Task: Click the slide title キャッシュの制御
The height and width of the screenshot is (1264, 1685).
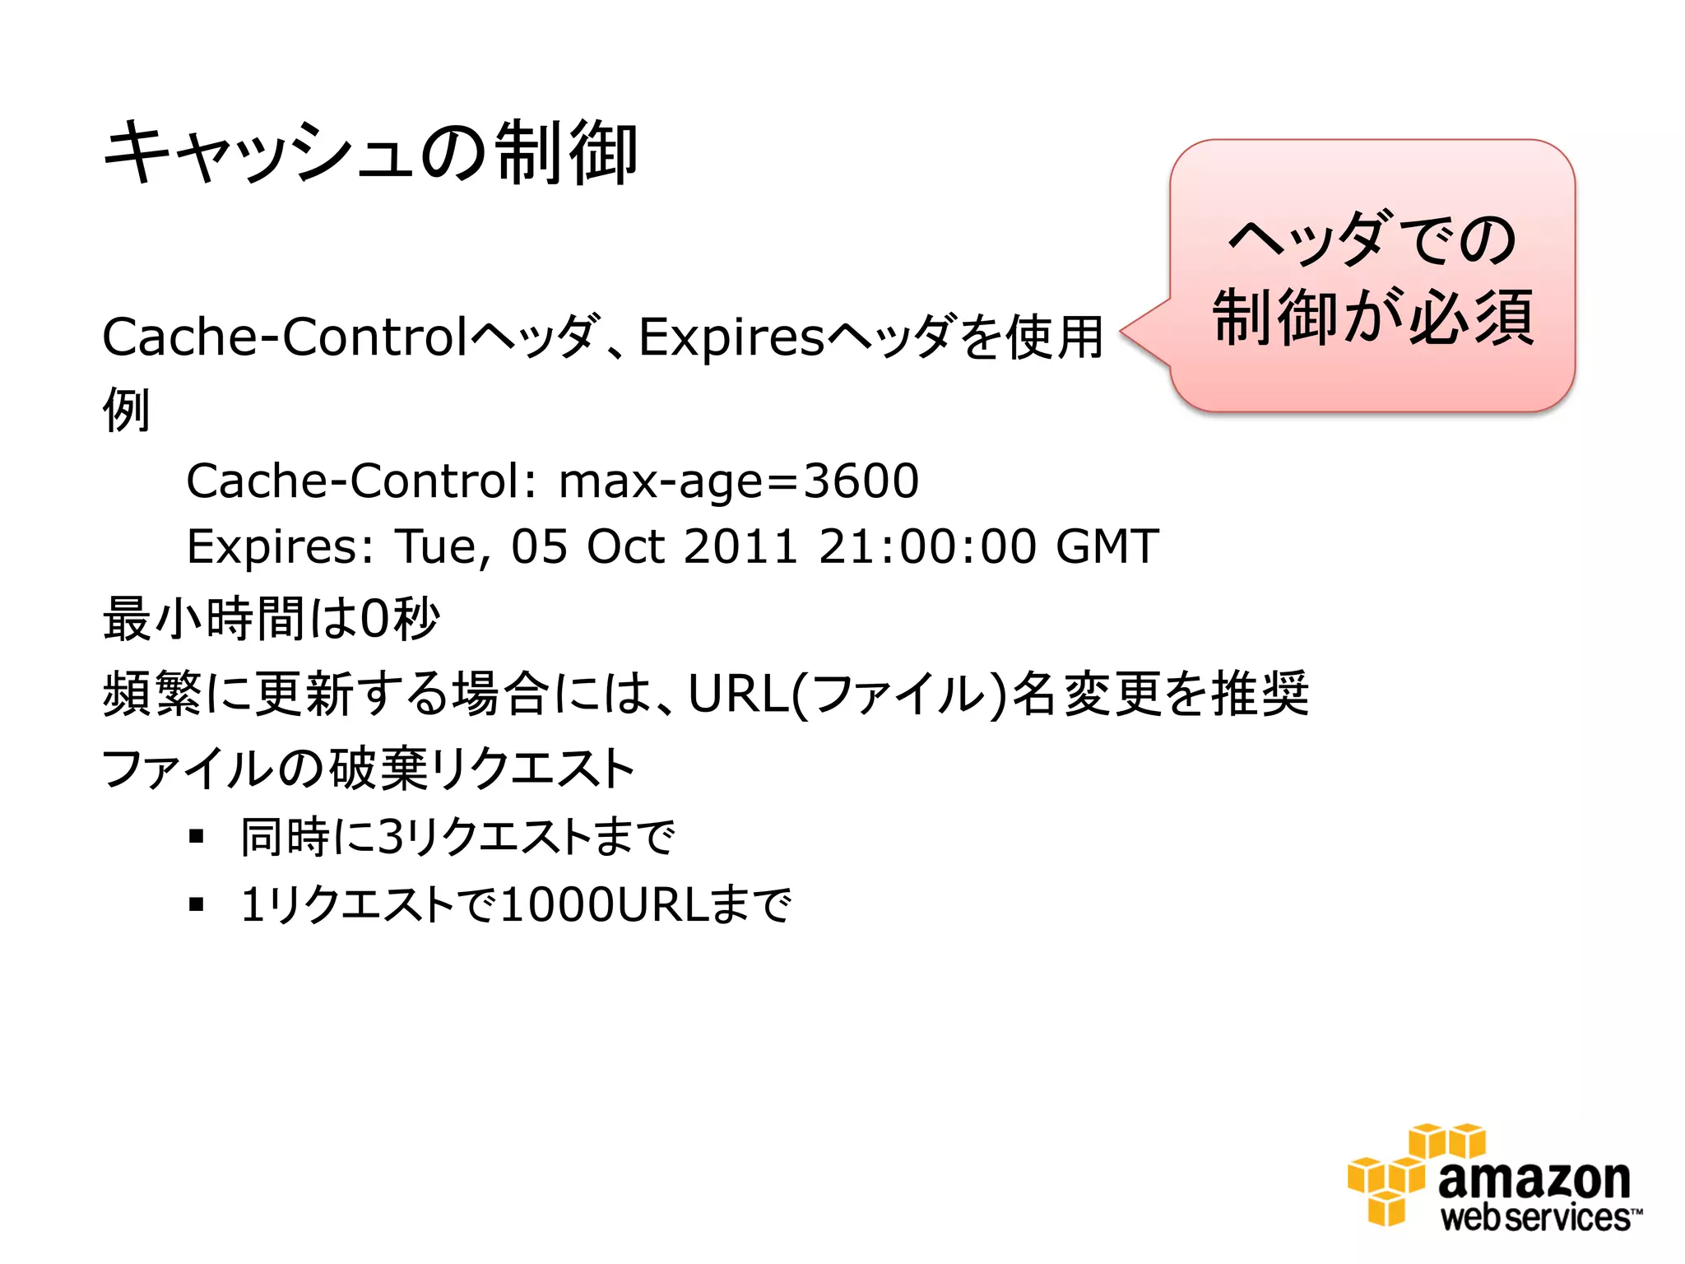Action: (370, 153)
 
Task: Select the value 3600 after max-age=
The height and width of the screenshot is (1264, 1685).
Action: (861, 481)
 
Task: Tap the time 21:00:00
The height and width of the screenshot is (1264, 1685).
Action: (927, 546)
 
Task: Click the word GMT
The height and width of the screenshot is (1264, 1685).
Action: (1107, 546)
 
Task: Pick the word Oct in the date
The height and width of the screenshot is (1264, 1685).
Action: (625, 546)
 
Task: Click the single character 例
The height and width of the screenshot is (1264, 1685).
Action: (126, 410)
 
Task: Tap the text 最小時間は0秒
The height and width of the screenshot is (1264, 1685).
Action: (272, 619)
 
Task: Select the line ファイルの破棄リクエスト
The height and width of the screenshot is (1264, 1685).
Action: (368, 769)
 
